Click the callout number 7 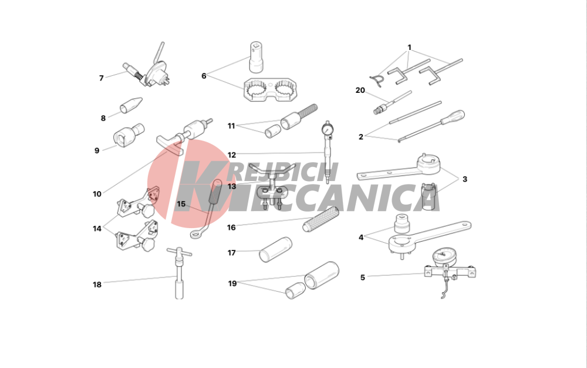101,78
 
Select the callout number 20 360,91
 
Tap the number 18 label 97,285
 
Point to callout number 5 362,277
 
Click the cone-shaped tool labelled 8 131,105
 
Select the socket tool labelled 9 128,134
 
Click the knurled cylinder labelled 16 321,220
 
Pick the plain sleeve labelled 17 275,250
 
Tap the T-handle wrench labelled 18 179,273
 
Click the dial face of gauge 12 327,130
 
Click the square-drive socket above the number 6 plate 257,57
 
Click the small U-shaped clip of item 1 377,81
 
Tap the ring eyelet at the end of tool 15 195,235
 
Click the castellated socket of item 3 429,196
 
